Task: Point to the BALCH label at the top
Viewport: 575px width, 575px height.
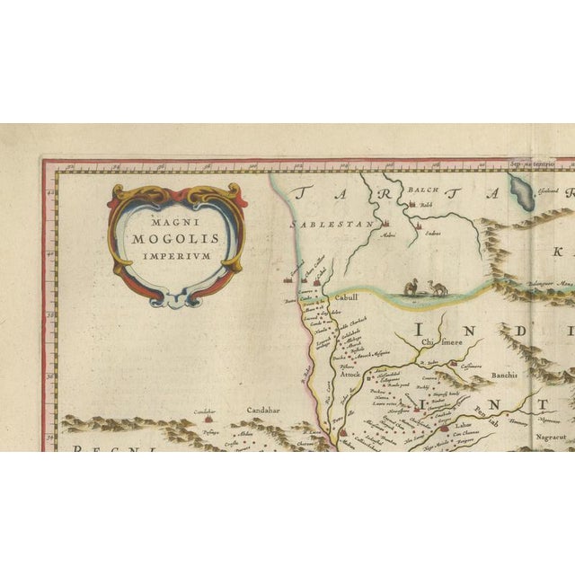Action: (423, 190)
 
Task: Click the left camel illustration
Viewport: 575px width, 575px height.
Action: (411, 287)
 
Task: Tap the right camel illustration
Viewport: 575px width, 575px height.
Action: (438, 287)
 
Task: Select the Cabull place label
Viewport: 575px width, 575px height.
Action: (346, 297)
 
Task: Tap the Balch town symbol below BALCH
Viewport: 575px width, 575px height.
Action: (412, 205)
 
